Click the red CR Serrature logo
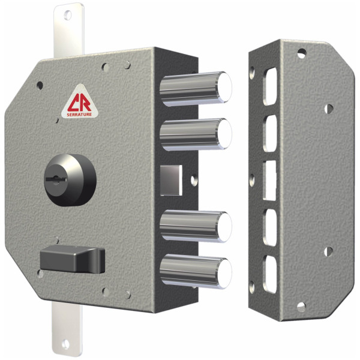80,102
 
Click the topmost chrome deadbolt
196,89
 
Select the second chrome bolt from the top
196,134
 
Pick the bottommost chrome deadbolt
196,271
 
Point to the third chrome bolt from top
196,227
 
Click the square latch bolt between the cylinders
171,180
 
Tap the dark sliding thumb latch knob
73,259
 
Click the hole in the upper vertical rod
67,15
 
